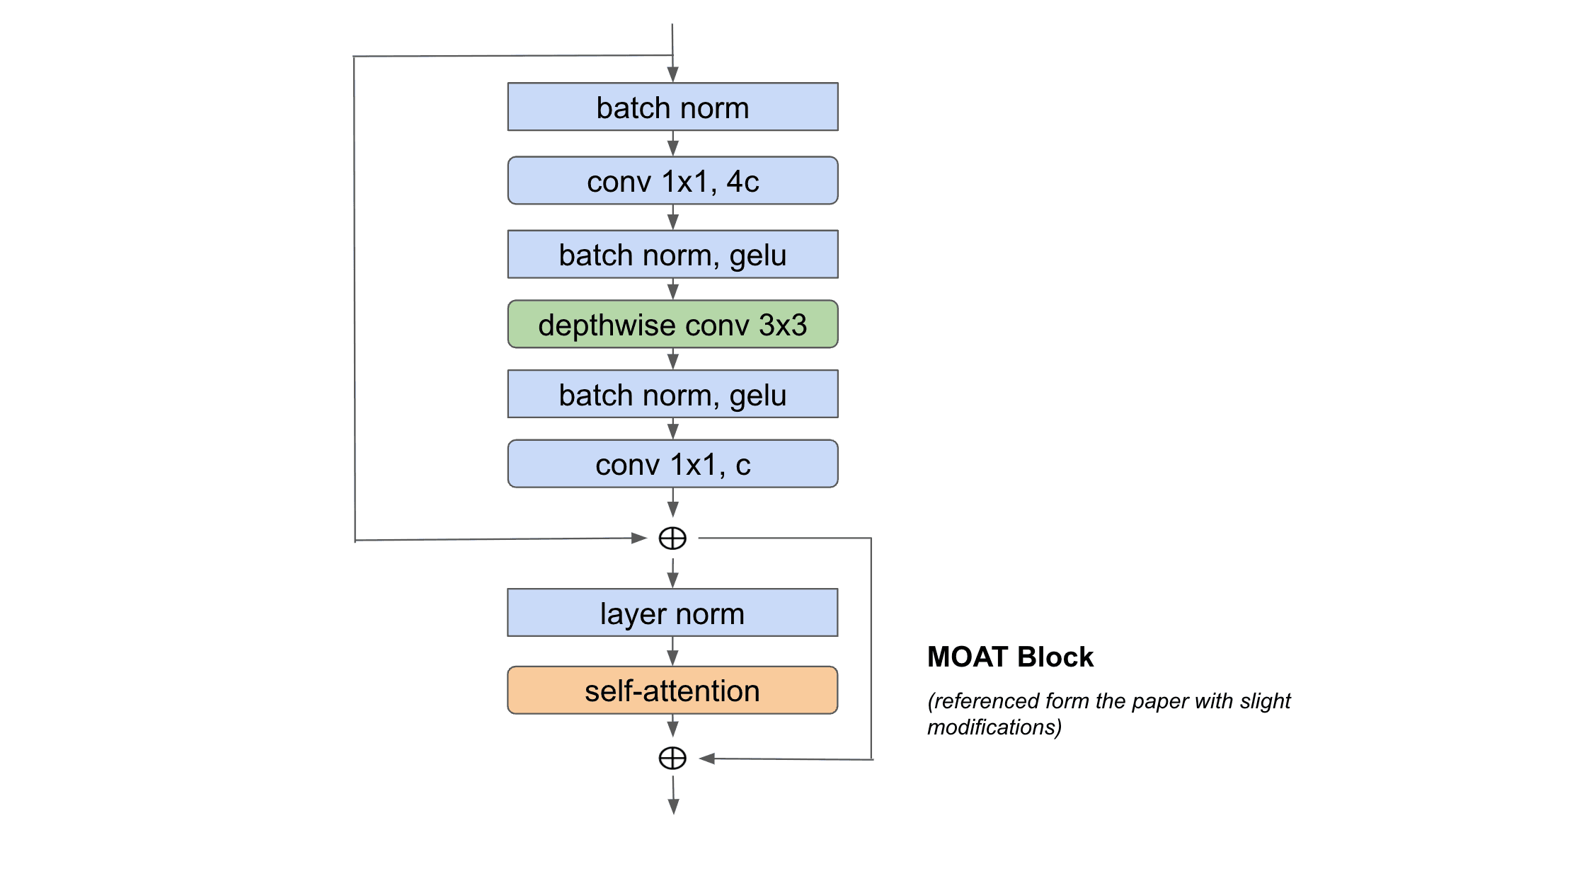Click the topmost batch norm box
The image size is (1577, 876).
(672, 107)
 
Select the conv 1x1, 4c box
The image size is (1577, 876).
(672, 181)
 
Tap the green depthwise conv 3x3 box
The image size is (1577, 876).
(672, 325)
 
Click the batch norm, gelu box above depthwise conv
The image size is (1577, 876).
(672, 255)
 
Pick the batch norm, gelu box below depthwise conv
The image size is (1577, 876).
(672, 394)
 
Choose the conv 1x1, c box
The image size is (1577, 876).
(672, 464)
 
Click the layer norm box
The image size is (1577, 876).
(672, 613)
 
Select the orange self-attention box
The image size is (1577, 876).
(672, 691)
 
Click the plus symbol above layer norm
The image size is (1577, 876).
(672, 538)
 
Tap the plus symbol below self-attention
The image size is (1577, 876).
(672, 758)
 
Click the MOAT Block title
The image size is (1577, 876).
(1010, 657)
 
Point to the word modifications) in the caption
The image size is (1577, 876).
(994, 727)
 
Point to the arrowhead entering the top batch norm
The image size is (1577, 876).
(673, 74)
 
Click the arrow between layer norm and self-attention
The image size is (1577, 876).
(673, 652)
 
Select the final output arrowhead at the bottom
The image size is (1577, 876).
(674, 807)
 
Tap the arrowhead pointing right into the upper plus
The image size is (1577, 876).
(638, 538)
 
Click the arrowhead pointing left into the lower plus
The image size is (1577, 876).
(707, 759)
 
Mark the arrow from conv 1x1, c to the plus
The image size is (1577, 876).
(673, 503)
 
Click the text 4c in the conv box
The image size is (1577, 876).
(742, 182)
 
